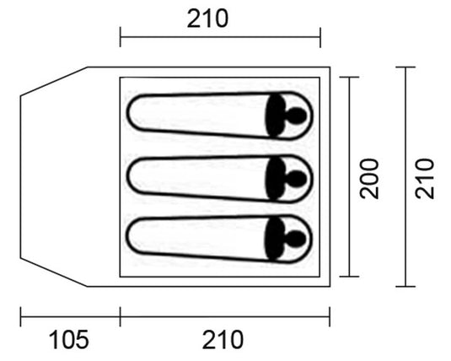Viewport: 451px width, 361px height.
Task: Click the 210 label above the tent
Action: (207, 19)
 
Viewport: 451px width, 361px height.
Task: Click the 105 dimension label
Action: (69, 340)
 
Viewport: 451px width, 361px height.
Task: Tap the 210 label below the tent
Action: (223, 340)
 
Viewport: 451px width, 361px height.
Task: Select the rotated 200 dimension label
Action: (369, 179)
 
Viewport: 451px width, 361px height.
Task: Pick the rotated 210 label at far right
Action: (424, 179)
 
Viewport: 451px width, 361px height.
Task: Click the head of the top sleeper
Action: (296, 116)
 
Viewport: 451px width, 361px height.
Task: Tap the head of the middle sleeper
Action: (296, 179)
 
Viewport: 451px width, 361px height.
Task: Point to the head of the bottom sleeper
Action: (296, 239)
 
